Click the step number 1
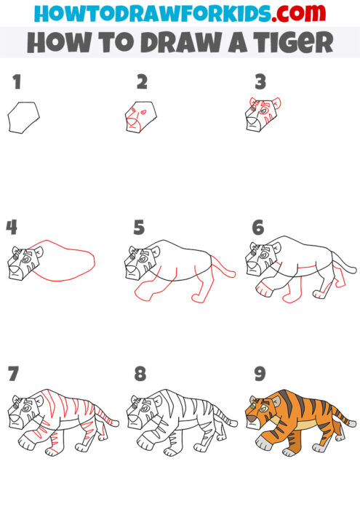(16, 82)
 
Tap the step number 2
(141, 82)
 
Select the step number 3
(259, 82)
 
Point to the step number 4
(12, 228)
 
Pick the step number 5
(139, 228)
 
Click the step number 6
(257, 228)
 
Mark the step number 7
(13, 374)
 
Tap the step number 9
(259, 374)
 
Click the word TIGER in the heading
(291, 42)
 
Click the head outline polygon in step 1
(23, 117)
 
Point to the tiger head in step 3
(263, 115)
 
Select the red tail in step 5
(224, 268)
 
